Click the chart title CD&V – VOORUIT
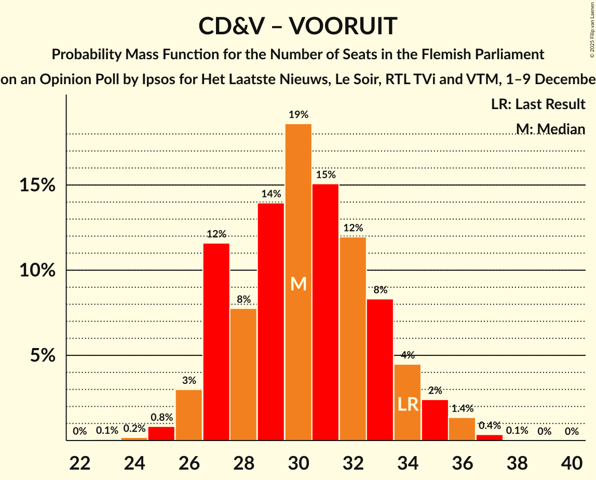click(298, 26)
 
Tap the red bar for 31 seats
click(326, 312)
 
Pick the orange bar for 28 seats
click(243, 374)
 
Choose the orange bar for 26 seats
click(189, 415)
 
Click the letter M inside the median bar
click(299, 284)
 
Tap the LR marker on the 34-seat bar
click(408, 404)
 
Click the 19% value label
click(299, 115)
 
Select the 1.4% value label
click(462, 408)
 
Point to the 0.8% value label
click(161, 417)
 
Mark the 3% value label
click(189, 380)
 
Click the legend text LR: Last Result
click(538, 104)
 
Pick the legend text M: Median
click(550, 129)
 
